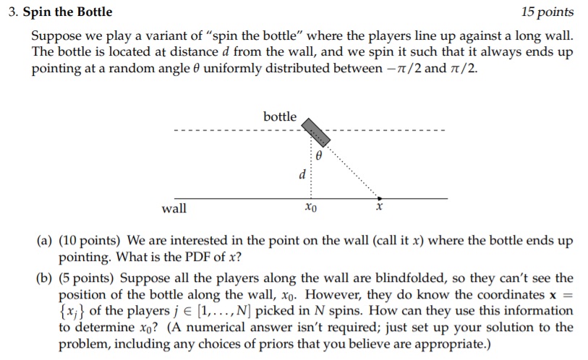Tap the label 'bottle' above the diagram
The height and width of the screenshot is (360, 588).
pos(280,116)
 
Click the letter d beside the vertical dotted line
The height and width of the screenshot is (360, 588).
pos(302,174)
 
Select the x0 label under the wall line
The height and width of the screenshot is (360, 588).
pos(311,209)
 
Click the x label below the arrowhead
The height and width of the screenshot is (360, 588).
pos(378,208)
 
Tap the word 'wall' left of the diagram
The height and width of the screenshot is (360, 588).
pos(174,208)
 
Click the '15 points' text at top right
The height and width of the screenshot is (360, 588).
pos(547,12)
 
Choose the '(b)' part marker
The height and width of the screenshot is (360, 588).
pos(43,278)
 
